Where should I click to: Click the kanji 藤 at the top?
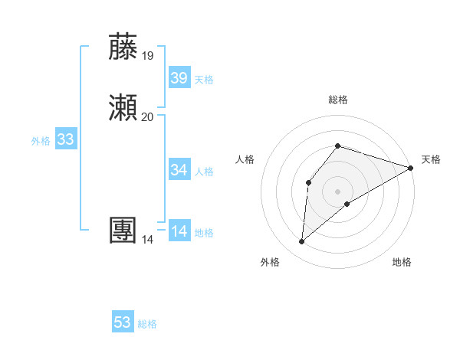(x=123, y=47)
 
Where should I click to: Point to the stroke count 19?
(x=147, y=56)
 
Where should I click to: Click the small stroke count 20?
(x=147, y=117)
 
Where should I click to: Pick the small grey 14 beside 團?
(x=147, y=240)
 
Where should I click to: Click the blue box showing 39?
(x=179, y=78)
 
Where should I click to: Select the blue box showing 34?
(x=179, y=170)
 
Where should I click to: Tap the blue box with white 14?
(x=179, y=231)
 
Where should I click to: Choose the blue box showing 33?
(x=66, y=139)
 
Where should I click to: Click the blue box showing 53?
(x=123, y=322)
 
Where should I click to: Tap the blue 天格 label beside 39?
(x=204, y=80)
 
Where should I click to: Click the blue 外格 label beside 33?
(x=41, y=141)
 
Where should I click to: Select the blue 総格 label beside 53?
(x=147, y=324)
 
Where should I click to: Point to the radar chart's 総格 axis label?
(x=337, y=100)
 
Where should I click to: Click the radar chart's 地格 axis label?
(x=402, y=262)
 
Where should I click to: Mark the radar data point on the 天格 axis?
(x=411, y=168)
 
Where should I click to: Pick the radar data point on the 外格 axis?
(x=301, y=242)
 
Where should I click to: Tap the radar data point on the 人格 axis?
(x=308, y=182)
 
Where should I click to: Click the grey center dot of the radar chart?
(x=337, y=191)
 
